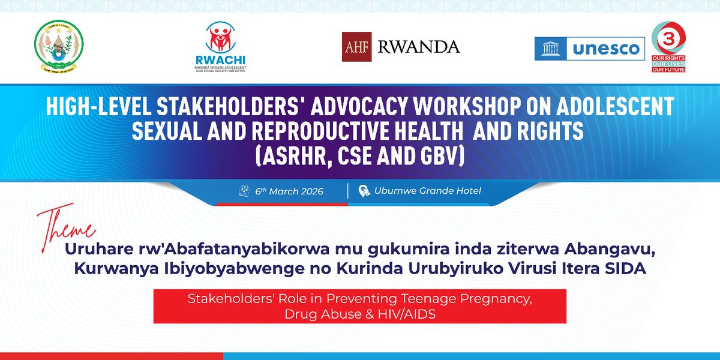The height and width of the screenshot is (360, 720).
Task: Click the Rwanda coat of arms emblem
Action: tap(58, 48)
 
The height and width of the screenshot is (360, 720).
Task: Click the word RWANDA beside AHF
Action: tap(419, 47)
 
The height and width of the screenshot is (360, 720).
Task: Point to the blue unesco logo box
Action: tap(590, 49)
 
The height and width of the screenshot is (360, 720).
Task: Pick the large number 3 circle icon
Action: tap(668, 37)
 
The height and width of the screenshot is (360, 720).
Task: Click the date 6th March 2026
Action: tap(289, 191)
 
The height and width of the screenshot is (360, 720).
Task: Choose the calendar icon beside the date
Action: tap(244, 191)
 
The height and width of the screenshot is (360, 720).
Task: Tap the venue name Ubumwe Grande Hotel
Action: tap(428, 191)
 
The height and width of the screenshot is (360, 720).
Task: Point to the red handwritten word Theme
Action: tap(67, 224)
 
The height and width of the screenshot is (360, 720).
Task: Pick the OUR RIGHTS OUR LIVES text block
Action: tap(668, 64)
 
